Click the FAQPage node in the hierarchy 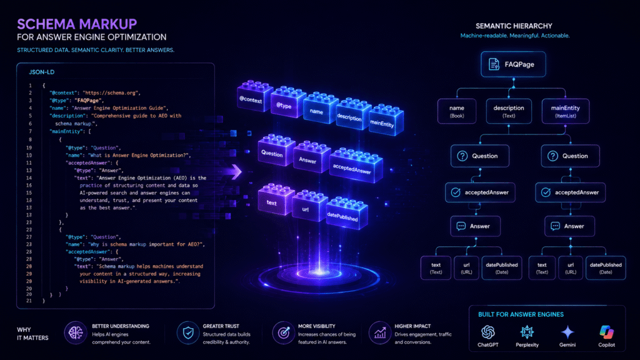pos(513,64)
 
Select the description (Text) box pos(509,111)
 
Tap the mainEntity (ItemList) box pos(565,111)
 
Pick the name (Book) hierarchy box pos(457,111)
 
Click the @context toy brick pos(255,96)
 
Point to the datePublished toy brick pos(346,213)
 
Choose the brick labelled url pos(309,206)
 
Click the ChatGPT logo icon pos(487,332)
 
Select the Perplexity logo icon pos(527,332)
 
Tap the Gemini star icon pos(567,332)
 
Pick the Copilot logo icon pos(606,332)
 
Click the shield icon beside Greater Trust pos(188,332)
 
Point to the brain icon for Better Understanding pos(76,332)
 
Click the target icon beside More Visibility pos(284,332)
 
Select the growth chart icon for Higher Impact pos(380,332)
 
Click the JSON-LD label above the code pos(42,72)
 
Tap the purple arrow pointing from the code pos(236,171)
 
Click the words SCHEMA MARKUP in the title pos(77,24)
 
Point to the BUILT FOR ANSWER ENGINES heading pos(521,314)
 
